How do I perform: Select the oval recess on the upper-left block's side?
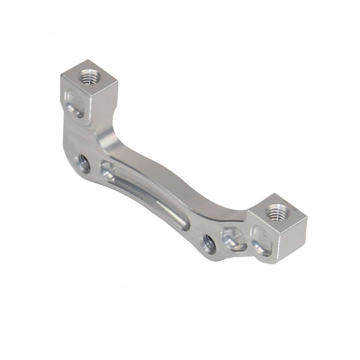coord(73,104)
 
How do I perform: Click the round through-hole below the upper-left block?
coord(84,164)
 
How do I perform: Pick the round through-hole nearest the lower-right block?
coord(208,244)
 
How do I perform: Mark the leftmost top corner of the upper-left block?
coord(61,74)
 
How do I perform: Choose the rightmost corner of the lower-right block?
coord(307,219)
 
